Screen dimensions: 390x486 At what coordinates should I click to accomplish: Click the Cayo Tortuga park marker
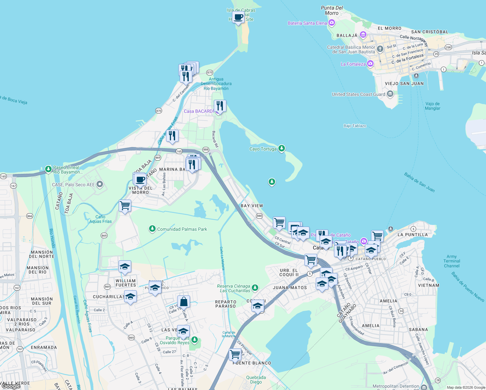click(282, 149)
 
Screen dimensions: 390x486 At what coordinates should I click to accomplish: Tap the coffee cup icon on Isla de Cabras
click(238, 17)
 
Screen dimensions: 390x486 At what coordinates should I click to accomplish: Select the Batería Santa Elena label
click(307, 23)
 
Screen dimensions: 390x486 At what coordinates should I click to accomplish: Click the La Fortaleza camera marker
click(370, 63)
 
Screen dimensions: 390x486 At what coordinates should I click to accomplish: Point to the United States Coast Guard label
click(358, 94)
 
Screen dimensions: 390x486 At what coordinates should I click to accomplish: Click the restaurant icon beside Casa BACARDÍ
click(220, 106)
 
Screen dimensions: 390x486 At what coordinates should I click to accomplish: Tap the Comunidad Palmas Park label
click(182, 229)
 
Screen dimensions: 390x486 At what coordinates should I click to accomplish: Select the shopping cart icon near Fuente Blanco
click(235, 354)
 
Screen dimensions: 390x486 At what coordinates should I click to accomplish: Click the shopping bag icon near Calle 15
click(184, 302)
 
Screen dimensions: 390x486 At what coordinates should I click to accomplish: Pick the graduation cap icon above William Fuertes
click(125, 267)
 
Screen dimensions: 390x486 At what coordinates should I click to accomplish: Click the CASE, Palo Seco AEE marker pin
click(100, 185)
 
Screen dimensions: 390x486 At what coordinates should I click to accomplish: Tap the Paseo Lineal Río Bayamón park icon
click(48, 169)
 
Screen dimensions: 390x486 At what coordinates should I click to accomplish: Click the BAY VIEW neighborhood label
click(252, 206)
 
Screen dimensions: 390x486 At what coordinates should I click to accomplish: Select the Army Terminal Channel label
click(452, 261)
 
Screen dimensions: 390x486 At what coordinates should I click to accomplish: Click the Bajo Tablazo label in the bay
click(355, 126)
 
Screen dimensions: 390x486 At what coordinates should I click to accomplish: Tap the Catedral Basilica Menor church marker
click(380, 49)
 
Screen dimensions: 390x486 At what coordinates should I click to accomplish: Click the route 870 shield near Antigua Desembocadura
click(210, 73)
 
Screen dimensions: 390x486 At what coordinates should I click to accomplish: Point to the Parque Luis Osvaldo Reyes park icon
click(195, 340)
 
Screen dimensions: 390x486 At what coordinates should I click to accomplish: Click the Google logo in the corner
click(11, 386)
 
